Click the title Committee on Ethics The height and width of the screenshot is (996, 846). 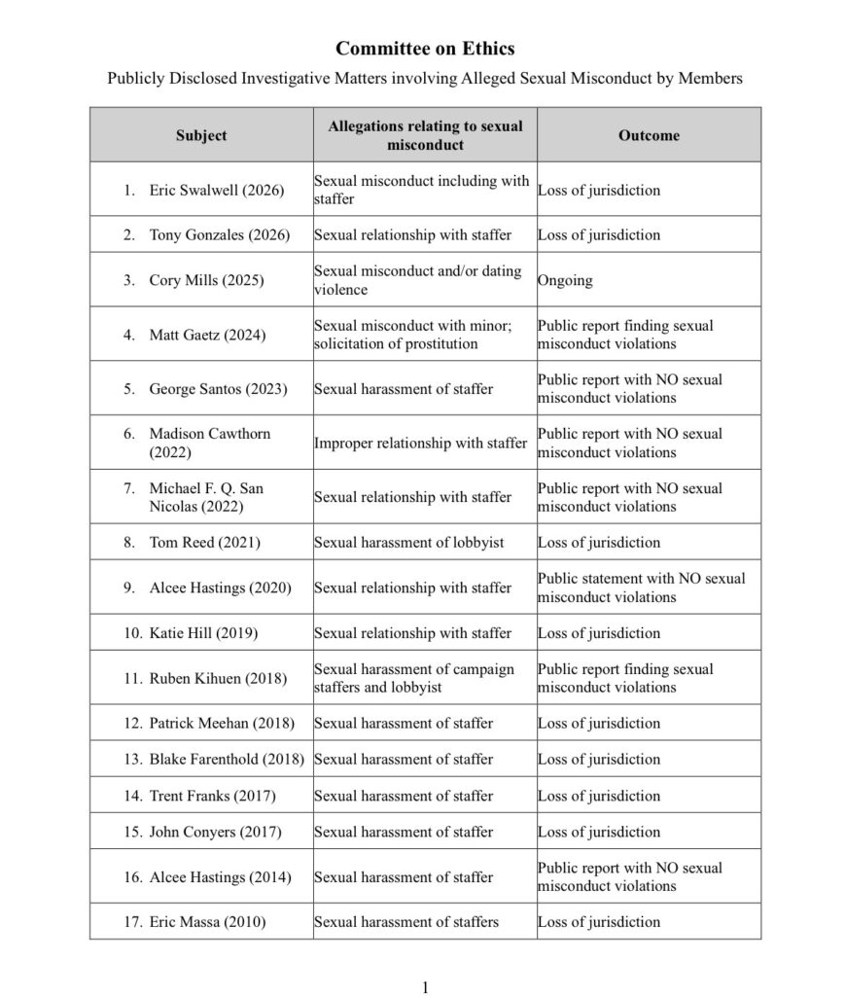click(x=425, y=49)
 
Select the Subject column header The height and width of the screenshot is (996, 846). click(x=201, y=135)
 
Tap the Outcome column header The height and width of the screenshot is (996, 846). click(x=649, y=135)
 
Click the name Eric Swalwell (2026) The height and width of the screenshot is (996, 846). click(x=216, y=191)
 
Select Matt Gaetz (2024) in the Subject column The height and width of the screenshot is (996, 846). click(x=208, y=335)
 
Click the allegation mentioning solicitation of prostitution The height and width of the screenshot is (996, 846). click(x=418, y=335)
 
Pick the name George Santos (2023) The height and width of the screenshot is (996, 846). click(x=218, y=389)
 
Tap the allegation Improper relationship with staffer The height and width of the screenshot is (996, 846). click(x=420, y=444)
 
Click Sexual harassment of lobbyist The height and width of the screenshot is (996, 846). click(x=408, y=543)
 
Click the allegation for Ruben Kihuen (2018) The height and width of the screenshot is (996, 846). click(x=413, y=678)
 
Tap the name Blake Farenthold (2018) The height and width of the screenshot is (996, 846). click(x=227, y=760)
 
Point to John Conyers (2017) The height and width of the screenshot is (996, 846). click(x=215, y=832)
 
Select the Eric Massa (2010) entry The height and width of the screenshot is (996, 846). click(x=206, y=922)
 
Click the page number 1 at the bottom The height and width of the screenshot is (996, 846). click(x=425, y=988)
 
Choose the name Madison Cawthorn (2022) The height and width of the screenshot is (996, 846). click(x=209, y=443)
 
